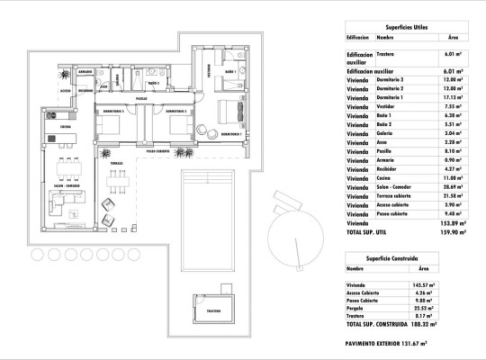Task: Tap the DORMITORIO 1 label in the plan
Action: point(231,134)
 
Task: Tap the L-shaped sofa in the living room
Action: point(66,203)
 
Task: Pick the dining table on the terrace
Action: point(118,183)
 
